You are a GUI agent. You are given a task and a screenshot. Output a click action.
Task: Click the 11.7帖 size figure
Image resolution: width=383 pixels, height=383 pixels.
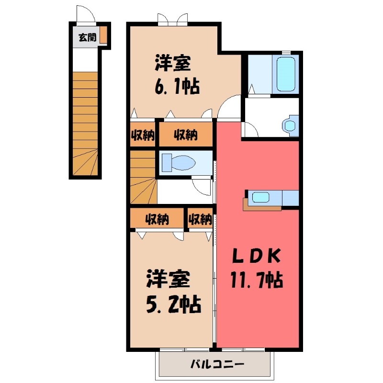(257, 279)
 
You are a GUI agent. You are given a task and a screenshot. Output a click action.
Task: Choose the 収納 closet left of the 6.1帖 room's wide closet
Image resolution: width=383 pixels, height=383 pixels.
(143, 135)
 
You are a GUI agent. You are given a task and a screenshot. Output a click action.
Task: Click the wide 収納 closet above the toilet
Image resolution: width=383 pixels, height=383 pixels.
(185, 135)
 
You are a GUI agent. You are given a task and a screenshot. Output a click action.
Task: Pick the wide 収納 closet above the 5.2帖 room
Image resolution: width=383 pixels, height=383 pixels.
(158, 219)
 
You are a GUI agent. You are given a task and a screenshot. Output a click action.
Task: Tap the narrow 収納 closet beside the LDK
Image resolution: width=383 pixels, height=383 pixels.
(200, 219)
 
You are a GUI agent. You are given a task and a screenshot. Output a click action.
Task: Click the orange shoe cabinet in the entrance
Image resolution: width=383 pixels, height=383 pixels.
(103, 35)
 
